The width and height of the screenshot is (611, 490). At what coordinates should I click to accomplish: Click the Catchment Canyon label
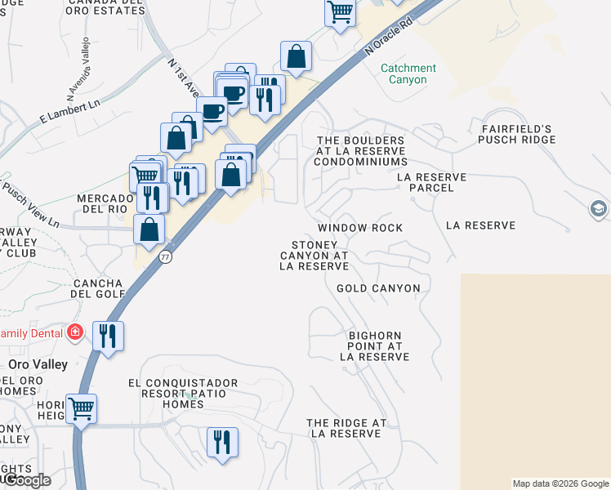(x=408, y=74)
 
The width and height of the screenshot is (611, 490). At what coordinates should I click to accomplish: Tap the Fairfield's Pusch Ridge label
(x=517, y=135)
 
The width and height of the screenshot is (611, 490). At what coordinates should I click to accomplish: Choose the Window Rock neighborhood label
(x=360, y=228)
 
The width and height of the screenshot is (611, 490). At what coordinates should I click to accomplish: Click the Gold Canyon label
(x=378, y=288)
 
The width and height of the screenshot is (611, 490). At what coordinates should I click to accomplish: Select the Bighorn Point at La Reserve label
(x=374, y=346)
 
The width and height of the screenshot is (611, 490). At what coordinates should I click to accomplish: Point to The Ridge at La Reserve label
(x=346, y=428)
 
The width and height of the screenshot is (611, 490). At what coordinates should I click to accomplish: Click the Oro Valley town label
(x=37, y=363)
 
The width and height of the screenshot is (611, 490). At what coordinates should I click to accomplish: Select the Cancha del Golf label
(x=98, y=288)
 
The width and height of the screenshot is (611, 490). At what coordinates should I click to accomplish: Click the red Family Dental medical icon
(x=75, y=332)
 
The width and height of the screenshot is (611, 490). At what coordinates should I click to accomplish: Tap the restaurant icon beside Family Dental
(x=108, y=335)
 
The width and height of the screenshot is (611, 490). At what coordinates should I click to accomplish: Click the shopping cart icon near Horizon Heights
(x=81, y=408)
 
